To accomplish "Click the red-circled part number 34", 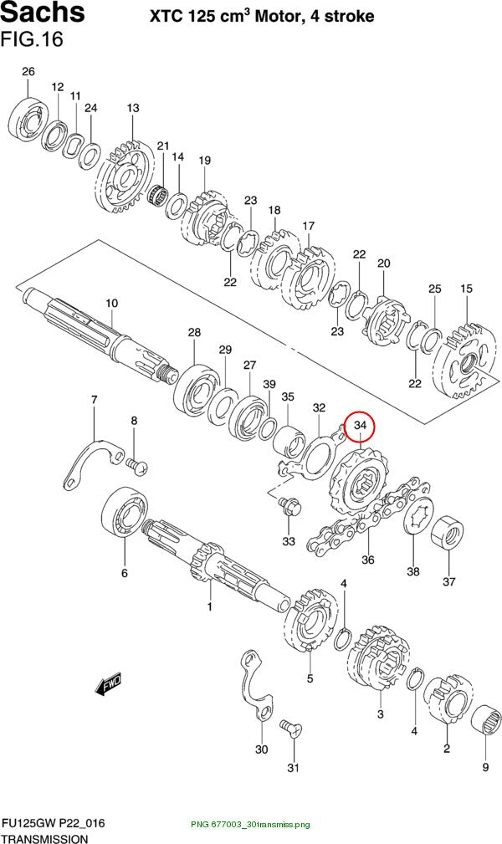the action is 359,426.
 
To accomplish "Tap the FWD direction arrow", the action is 108,684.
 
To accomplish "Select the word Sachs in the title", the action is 43,12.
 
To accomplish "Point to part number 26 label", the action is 28,72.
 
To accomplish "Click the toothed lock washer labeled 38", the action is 418,515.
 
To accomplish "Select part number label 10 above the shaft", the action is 111,303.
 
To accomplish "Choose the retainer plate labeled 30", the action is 255,685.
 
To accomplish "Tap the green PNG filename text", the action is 251,825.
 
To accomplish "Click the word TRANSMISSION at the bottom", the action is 44,839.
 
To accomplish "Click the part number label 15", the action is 467,289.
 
